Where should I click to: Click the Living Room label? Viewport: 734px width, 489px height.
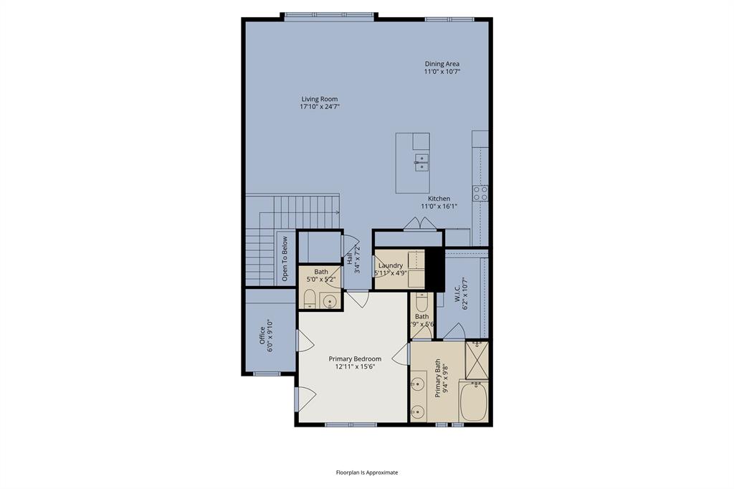click(x=319, y=99)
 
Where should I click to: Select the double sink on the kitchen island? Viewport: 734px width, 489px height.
click(x=421, y=161)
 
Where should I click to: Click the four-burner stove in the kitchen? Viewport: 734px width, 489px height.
click(x=480, y=192)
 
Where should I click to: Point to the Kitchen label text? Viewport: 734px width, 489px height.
click(x=439, y=199)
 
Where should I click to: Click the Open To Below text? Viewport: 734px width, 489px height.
click(x=285, y=257)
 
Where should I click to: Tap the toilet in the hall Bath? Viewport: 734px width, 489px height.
click(x=309, y=298)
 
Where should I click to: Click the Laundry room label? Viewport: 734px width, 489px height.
click(x=391, y=265)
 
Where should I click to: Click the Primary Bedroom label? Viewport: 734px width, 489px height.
click(x=355, y=359)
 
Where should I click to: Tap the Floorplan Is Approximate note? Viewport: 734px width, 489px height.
click(x=367, y=473)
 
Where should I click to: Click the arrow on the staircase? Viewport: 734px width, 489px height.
click(x=336, y=212)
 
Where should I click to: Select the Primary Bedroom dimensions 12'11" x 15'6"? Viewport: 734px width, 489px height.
click(x=355, y=366)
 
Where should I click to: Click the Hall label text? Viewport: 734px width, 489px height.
click(x=350, y=260)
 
